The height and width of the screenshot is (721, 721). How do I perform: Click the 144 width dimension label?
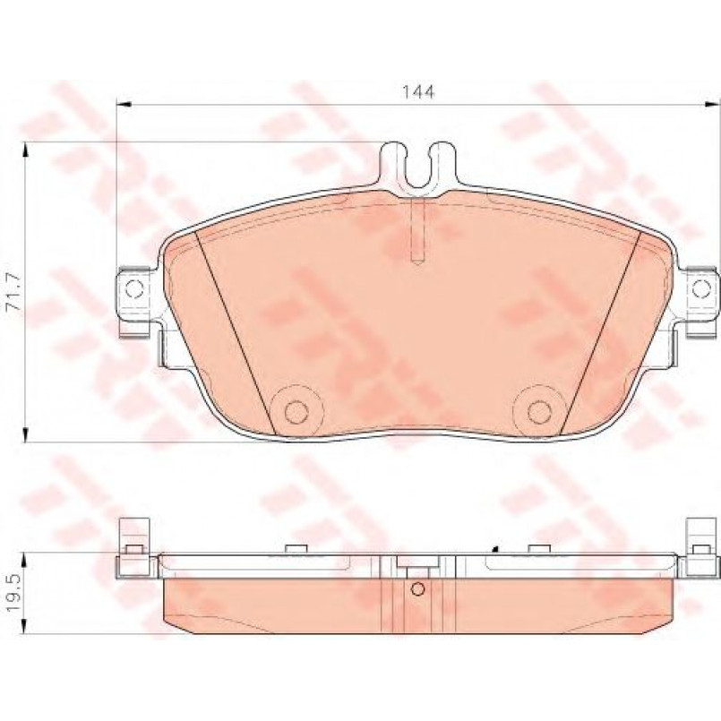(418, 92)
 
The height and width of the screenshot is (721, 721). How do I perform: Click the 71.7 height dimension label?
(14, 291)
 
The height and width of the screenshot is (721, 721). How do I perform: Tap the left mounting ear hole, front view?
(134, 288)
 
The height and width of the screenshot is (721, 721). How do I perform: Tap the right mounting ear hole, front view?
(700, 288)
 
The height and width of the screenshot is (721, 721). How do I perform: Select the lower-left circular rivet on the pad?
(296, 410)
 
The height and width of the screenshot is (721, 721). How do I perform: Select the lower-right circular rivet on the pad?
(539, 410)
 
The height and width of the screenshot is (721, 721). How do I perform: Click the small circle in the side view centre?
(417, 589)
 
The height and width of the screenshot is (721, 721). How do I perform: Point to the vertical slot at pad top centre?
(416, 231)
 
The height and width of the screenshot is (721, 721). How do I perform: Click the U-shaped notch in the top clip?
(417, 171)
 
